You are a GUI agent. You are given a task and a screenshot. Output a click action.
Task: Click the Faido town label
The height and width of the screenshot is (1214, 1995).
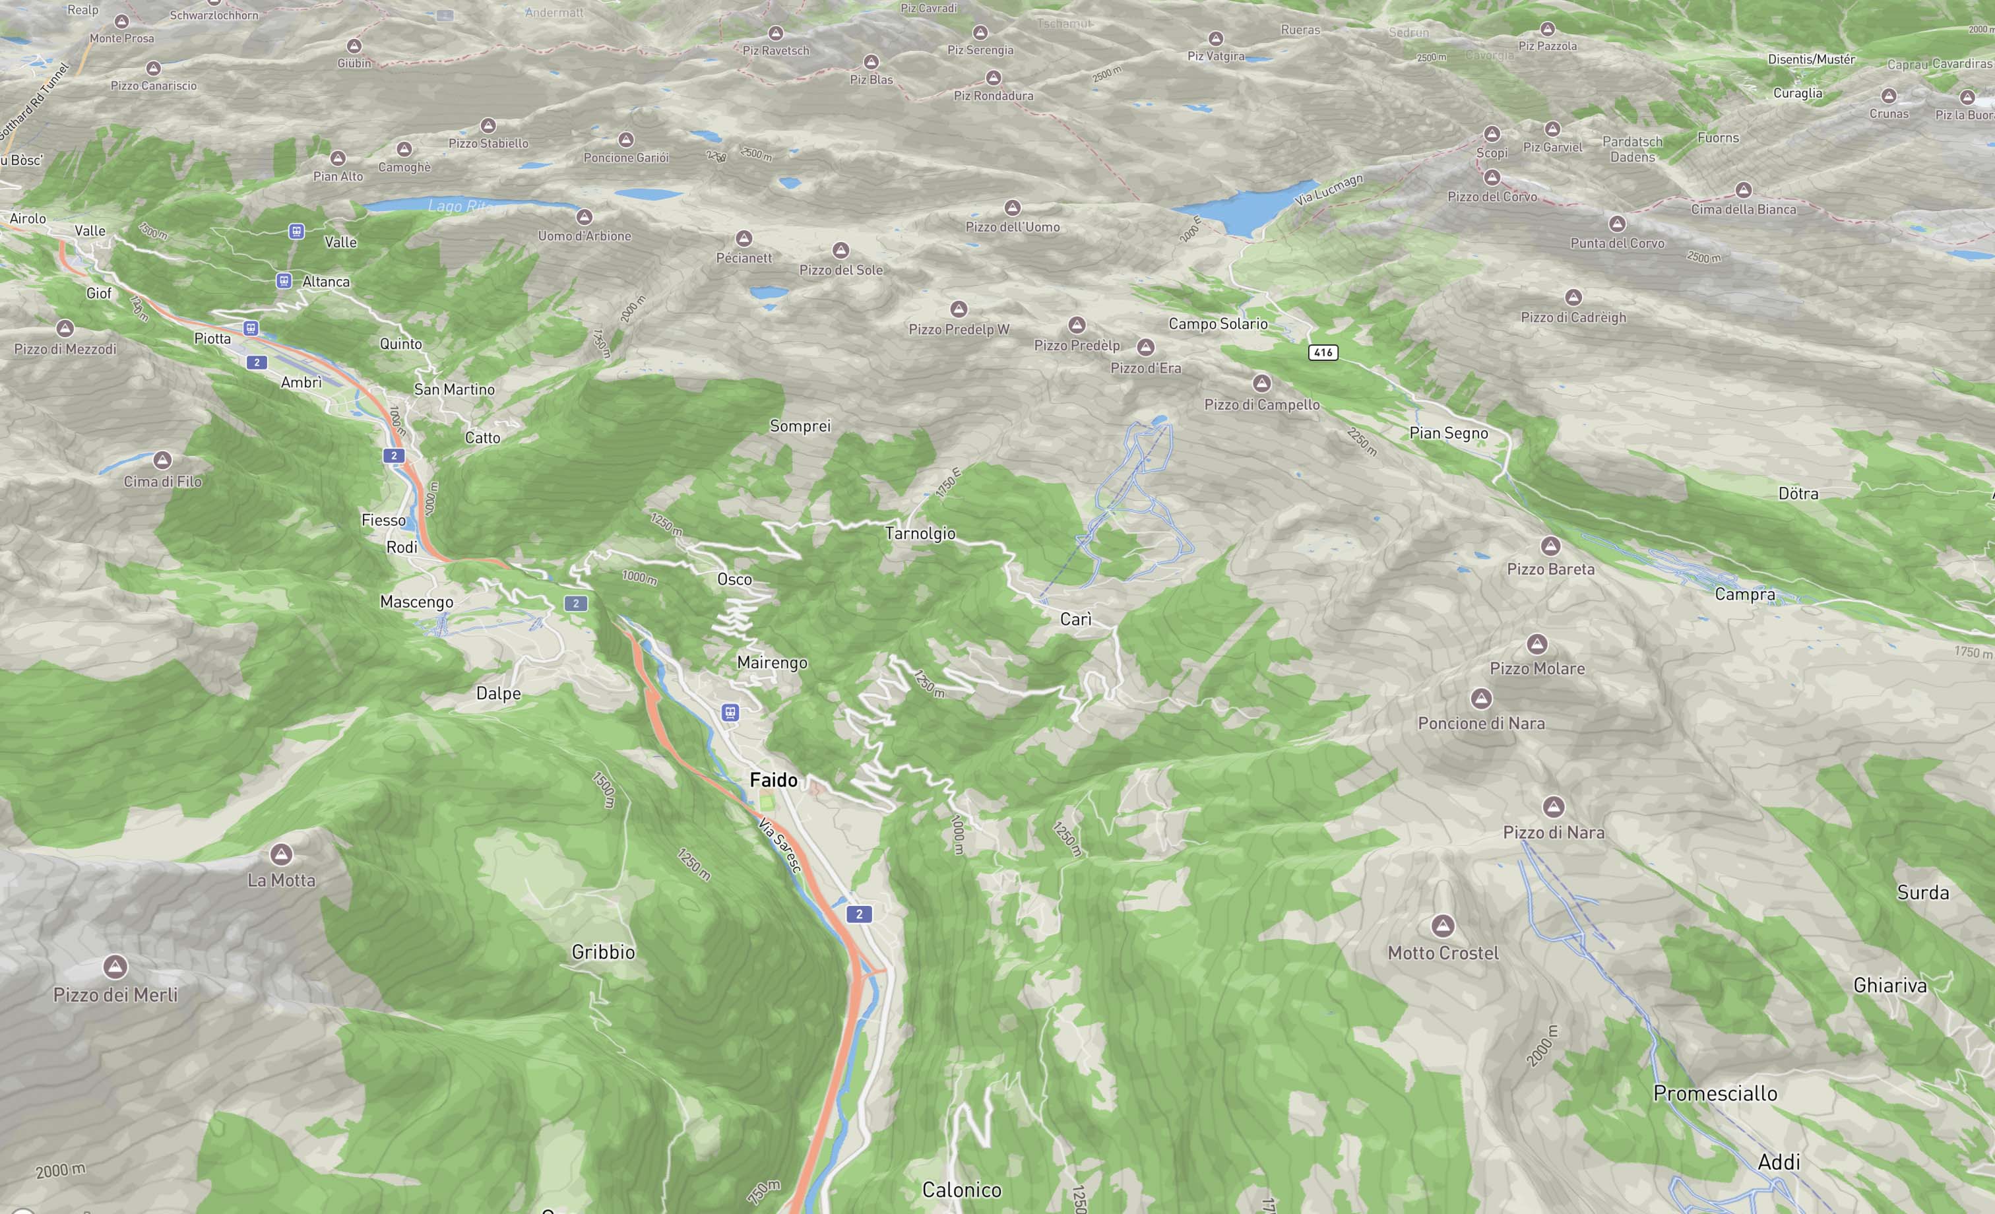[773, 780]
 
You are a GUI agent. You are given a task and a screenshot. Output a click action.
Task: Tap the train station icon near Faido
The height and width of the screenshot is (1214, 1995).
[730, 713]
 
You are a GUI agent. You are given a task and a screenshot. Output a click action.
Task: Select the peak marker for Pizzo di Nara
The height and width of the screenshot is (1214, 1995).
[1553, 807]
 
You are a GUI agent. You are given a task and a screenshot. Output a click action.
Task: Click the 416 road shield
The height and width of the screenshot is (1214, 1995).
[1323, 352]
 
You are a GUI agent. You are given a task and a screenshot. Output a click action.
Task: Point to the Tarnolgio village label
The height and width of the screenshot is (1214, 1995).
[920, 534]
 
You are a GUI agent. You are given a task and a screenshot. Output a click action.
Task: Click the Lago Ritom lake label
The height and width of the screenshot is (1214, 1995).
[459, 207]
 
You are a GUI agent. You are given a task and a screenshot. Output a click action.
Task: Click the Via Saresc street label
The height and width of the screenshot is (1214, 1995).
[779, 845]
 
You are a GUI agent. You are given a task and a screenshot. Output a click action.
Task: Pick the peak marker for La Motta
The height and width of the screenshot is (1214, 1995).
[282, 854]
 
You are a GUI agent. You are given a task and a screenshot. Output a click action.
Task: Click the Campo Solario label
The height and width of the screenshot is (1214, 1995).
[1218, 324]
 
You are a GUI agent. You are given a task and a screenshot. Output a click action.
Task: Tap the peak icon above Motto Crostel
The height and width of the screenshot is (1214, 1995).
[1442, 925]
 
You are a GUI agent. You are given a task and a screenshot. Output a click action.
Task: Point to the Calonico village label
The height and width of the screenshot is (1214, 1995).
[961, 1190]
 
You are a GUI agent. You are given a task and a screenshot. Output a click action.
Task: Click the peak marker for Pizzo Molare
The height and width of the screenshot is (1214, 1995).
[1536, 645]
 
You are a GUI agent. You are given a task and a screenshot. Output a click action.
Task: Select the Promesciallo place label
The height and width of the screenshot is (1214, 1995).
[1715, 1093]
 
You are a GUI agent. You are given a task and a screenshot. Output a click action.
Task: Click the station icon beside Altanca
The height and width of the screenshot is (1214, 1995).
[284, 281]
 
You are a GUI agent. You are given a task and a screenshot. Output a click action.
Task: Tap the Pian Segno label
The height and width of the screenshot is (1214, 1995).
[1449, 433]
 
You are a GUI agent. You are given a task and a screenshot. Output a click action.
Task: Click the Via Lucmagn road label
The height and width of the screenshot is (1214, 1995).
[1329, 189]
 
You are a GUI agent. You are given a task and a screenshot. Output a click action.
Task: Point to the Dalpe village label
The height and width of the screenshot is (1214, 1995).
[498, 693]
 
